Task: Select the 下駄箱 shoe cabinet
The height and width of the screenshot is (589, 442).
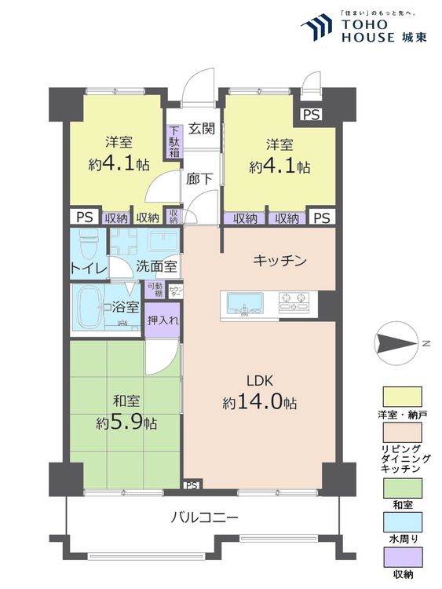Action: tap(174, 143)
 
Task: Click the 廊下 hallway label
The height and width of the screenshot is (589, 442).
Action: tap(198, 177)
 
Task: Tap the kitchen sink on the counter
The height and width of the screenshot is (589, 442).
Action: tap(246, 302)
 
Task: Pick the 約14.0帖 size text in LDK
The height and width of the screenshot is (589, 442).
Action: tap(259, 403)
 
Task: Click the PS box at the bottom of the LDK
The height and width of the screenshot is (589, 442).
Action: tap(192, 485)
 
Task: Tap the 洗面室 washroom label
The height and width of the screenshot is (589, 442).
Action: tap(156, 267)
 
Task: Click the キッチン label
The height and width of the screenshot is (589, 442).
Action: tap(279, 261)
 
